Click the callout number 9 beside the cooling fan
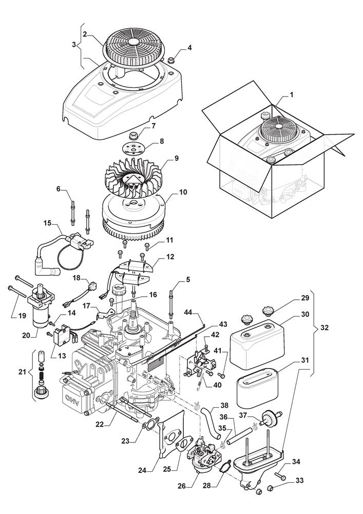click(x=177, y=158)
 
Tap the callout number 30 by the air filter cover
click(x=305, y=314)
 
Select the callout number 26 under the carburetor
click(x=182, y=486)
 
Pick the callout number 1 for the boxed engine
click(x=292, y=95)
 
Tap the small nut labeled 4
click(x=171, y=61)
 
